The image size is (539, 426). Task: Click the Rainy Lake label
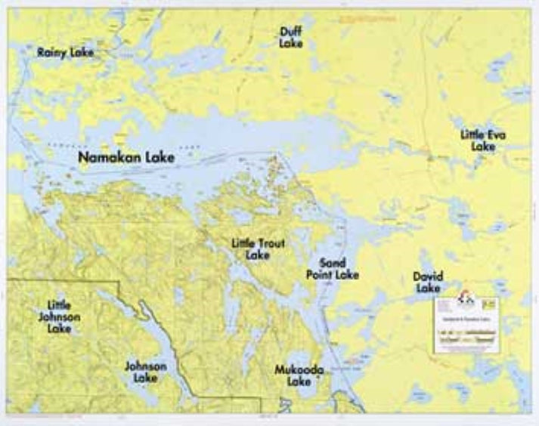tap(65, 52)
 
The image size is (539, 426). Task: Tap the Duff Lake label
tap(291, 37)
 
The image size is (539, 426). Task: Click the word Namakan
tap(111, 158)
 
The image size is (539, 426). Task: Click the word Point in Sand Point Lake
tap(321, 275)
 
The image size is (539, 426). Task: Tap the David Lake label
tap(427, 282)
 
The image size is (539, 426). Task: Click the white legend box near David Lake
tap(466, 324)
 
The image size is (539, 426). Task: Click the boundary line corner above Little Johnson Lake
tap(119, 282)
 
